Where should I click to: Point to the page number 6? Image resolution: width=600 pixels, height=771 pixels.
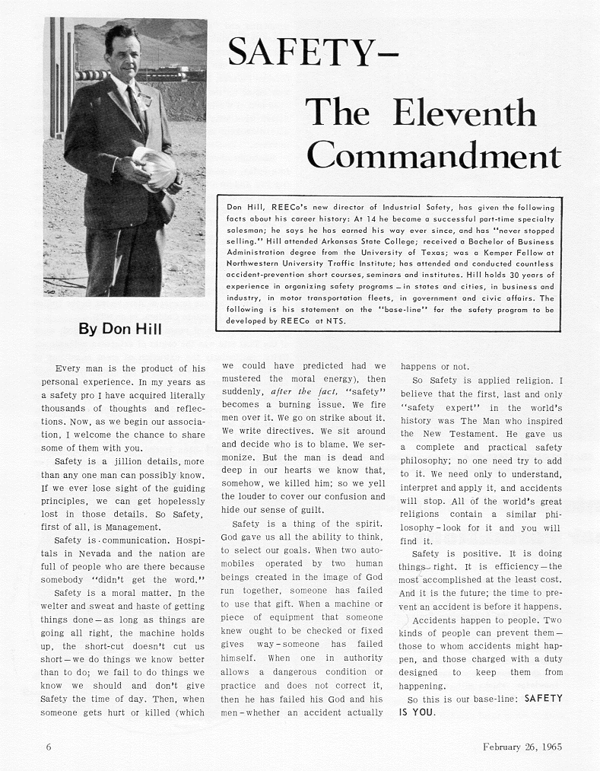click(x=49, y=747)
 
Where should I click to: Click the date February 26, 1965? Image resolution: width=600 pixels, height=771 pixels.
click(x=522, y=747)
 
